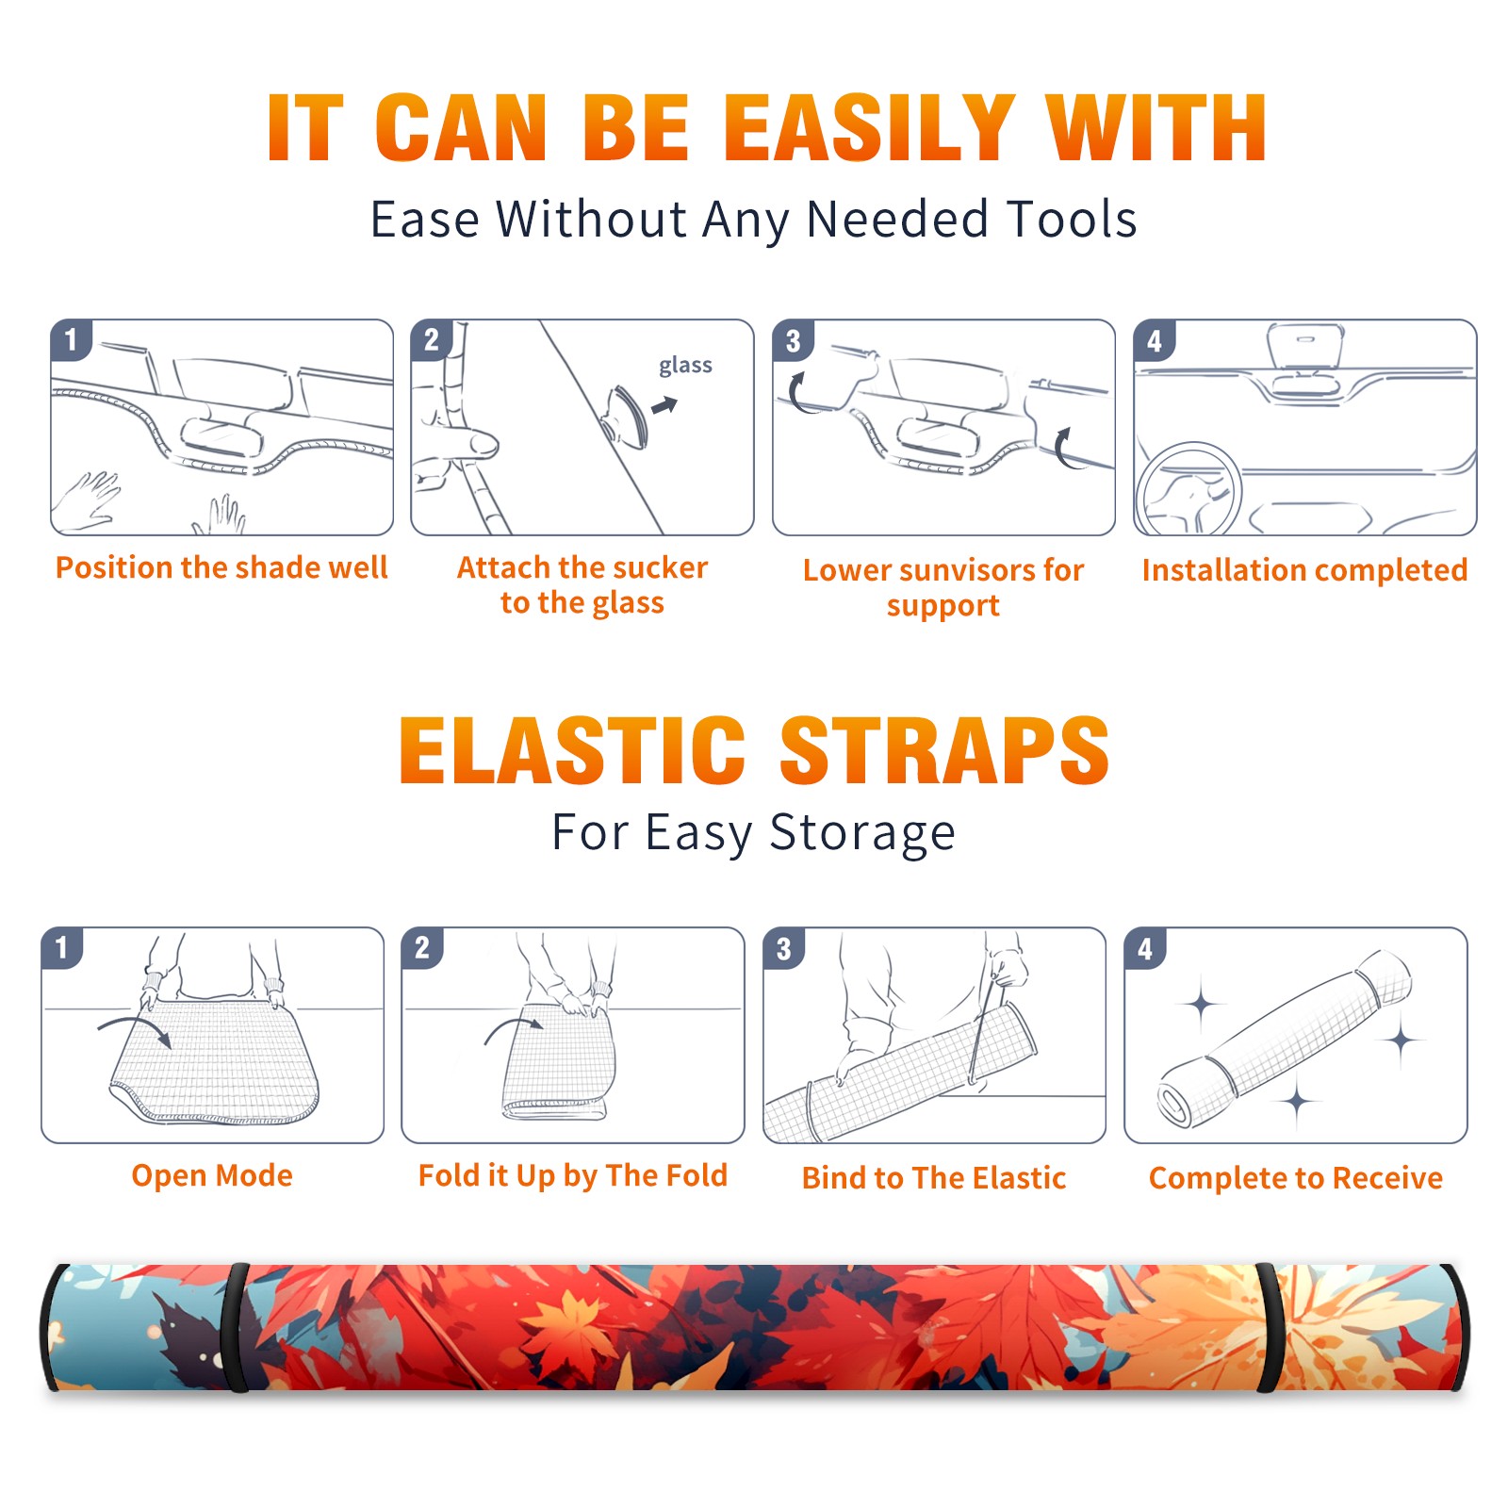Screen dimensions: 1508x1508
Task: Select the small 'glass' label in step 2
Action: pyautogui.click(x=685, y=366)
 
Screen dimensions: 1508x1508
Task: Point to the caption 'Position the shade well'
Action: pyautogui.click(x=221, y=567)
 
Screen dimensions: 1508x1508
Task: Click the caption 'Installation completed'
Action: pyautogui.click(x=1304, y=570)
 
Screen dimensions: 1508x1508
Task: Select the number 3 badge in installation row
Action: pyautogui.click(x=793, y=341)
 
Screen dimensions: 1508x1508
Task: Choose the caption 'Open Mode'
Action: pyautogui.click(x=212, y=1175)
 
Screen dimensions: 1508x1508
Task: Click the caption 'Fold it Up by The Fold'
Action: pyautogui.click(x=573, y=1176)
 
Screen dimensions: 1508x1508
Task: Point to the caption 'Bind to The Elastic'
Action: pyautogui.click(x=934, y=1178)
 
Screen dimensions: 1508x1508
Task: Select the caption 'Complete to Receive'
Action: pyautogui.click(x=1296, y=1178)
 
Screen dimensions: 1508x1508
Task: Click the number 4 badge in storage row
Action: pyautogui.click(x=1145, y=948)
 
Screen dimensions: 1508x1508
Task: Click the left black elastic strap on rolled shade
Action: pyautogui.click(x=237, y=1327)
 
